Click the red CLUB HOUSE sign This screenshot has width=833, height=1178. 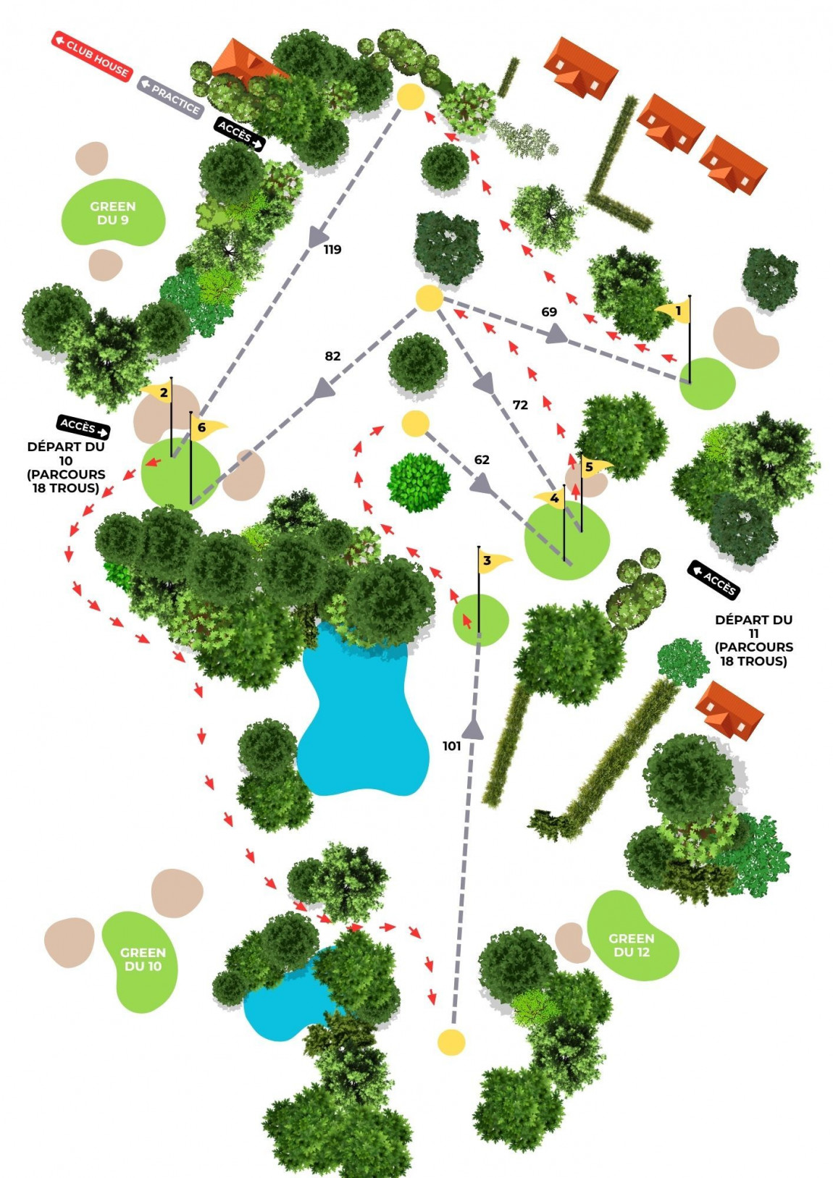pyautogui.click(x=92, y=54)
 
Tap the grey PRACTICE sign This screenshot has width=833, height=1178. pyautogui.click(x=170, y=97)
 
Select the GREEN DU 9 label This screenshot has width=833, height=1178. pyautogui.click(x=113, y=213)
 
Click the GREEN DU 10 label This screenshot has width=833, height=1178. pyautogui.click(x=143, y=959)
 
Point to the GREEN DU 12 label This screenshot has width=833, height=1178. pyautogui.click(x=632, y=945)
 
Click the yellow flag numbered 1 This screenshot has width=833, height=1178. pyautogui.click(x=676, y=311)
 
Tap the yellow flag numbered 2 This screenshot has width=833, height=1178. pyautogui.click(x=160, y=393)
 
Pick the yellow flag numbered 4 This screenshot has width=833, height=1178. pyautogui.click(x=552, y=498)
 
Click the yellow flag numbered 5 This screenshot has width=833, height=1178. pyautogui.click(x=593, y=466)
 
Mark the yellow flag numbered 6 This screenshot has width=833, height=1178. pyautogui.click(x=206, y=427)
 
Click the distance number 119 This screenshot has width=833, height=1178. pyautogui.click(x=332, y=250)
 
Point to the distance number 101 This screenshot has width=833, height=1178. pyautogui.click(x=451, y=746)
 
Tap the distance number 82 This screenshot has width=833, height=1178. pyautogui.click(x=332, y=356)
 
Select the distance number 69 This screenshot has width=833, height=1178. pyautogui.click(x=549, y=312)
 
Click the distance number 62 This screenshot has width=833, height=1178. pyautogui.click(x=482, y=460)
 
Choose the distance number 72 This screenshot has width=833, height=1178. pyautogui.click(x=520, y=405)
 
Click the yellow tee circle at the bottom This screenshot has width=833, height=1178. pyautogui.click(x=451, y=1042)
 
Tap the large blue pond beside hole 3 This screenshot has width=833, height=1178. pyautogui.click(x=362, y=717)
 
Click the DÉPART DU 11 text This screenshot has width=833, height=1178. pyautogui.click(x=753, y=640)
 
